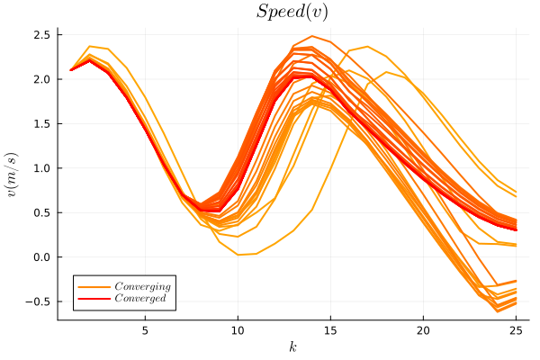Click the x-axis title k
click(292, 346)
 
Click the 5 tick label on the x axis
click(145, 329)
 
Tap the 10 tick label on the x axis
click(238, 329)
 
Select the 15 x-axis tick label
click(330, 329)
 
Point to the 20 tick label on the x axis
click(423, 329)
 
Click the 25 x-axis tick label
click(516, 329)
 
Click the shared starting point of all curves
click(71, 70)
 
